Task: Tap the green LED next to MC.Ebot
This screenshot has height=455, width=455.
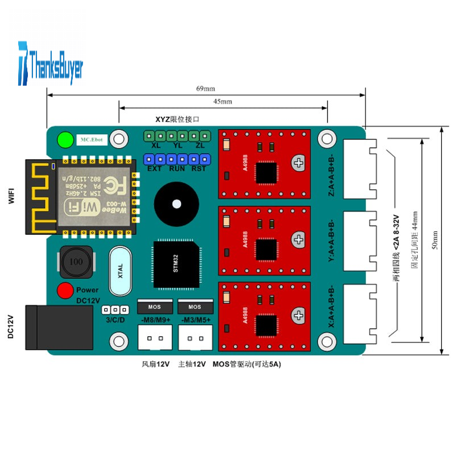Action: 65,139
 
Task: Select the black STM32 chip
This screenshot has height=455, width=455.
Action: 176,264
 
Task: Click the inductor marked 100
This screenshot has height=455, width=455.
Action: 73,263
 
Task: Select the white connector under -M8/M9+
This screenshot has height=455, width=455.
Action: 155,340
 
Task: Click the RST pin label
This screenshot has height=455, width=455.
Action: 198,169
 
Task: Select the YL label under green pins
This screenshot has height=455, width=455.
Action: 177,145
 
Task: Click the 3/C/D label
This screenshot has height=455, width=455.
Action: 115,320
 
